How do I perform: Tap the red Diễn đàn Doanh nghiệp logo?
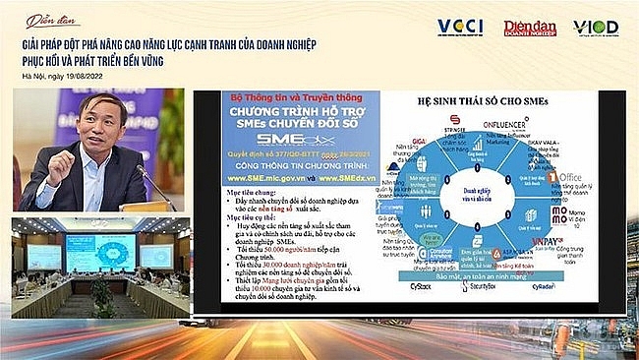pyautogui.click(x=529, y=28)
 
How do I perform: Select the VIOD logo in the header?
pyautogui.click(x=596, y=28)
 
